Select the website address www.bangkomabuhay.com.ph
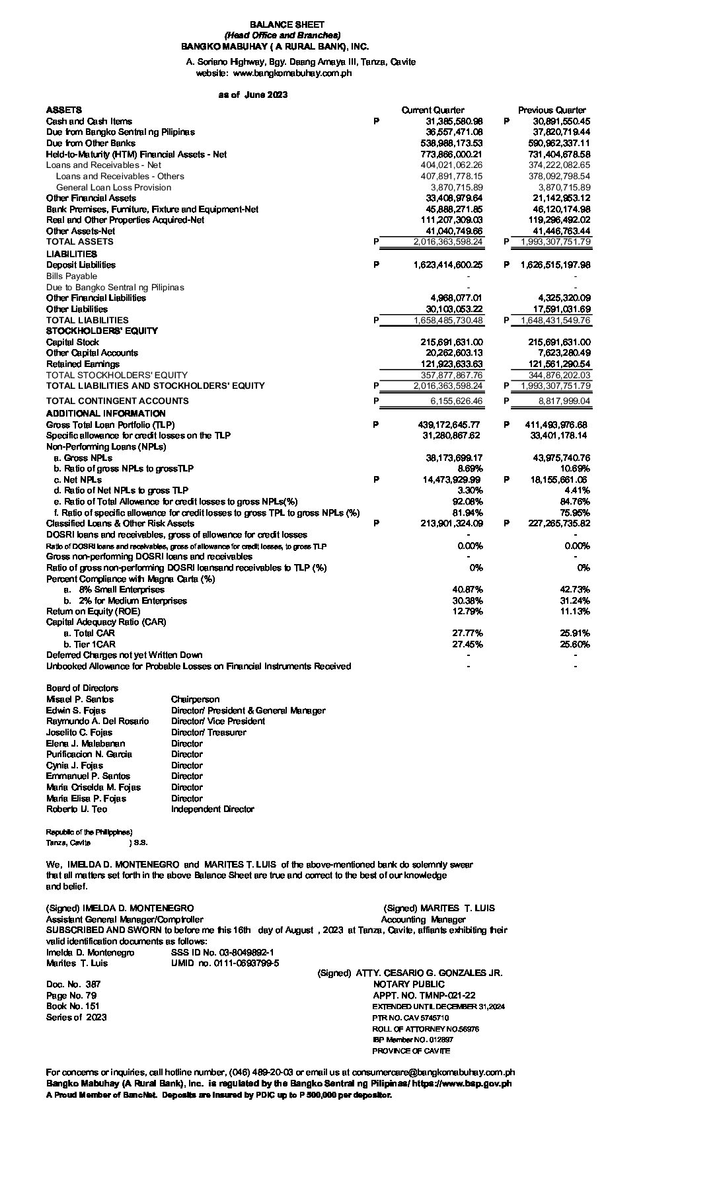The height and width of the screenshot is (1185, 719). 292,73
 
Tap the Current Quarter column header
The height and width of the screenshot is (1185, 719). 432,110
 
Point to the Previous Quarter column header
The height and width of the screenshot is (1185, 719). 551,110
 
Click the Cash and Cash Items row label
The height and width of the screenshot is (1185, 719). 89,122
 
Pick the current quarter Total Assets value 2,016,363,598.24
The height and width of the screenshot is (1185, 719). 448,242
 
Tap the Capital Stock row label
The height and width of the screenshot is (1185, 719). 73,343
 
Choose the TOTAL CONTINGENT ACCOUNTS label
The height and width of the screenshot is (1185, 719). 117,401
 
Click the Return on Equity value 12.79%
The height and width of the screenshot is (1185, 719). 467,612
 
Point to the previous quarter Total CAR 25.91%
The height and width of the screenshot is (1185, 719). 575,633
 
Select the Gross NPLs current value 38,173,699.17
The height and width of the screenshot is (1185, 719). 454,458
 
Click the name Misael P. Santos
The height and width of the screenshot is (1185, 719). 80,700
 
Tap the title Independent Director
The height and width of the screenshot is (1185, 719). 212,809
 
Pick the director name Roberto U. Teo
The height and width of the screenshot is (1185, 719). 77,809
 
